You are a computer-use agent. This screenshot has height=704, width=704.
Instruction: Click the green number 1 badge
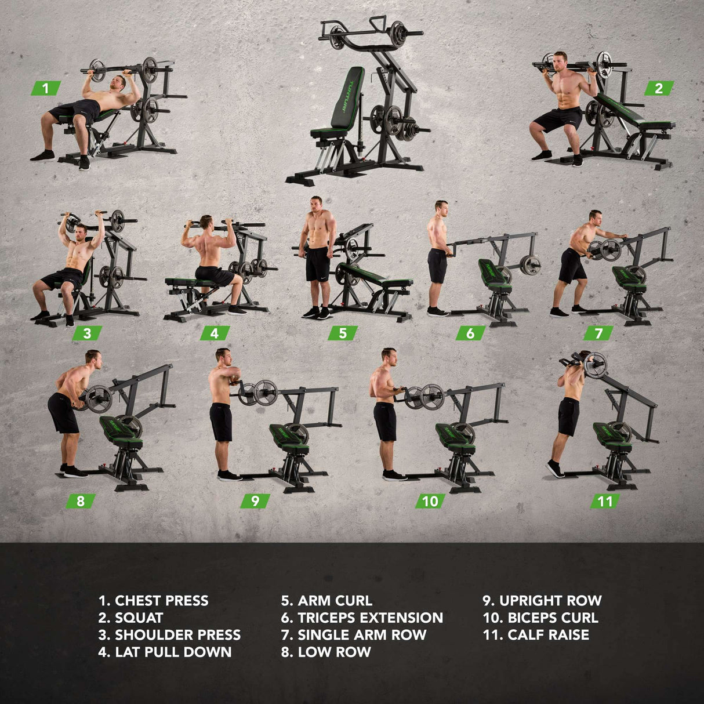[46, 88]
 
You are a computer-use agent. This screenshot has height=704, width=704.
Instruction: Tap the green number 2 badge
[659, 88]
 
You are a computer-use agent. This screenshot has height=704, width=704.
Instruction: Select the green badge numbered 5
[342, 333]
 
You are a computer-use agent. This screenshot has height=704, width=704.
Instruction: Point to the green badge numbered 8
[81, 501]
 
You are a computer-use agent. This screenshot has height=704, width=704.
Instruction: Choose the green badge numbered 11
[605, 501]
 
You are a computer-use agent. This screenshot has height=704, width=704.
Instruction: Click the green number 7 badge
[598, 333]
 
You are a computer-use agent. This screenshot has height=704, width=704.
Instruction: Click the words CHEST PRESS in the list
[161, 601]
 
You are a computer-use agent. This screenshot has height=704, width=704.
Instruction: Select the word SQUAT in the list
[139, 618]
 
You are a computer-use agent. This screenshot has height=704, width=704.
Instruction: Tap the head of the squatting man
[560, 61]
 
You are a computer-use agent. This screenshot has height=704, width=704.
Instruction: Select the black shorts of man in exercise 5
[317, 263]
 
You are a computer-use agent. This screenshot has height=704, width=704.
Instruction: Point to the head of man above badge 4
[206, 222]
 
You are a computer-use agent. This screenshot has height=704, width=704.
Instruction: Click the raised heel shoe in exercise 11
[556, 469]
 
